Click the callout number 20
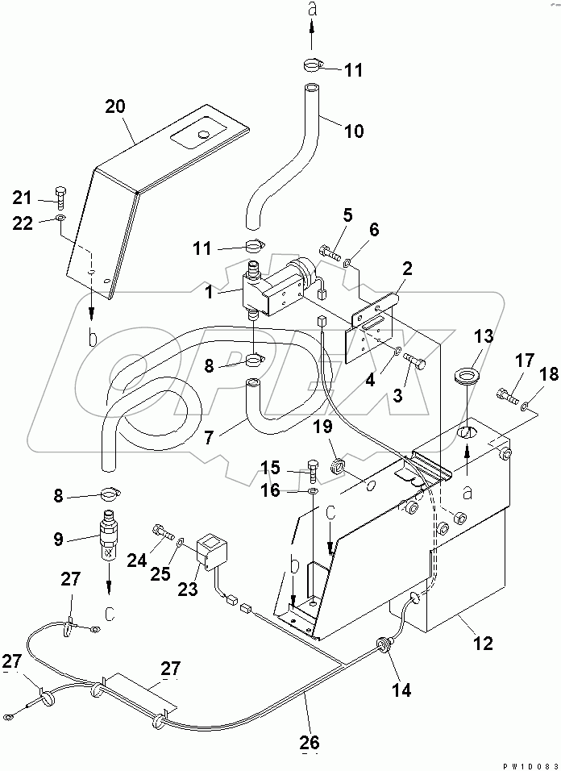pos(116,106)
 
